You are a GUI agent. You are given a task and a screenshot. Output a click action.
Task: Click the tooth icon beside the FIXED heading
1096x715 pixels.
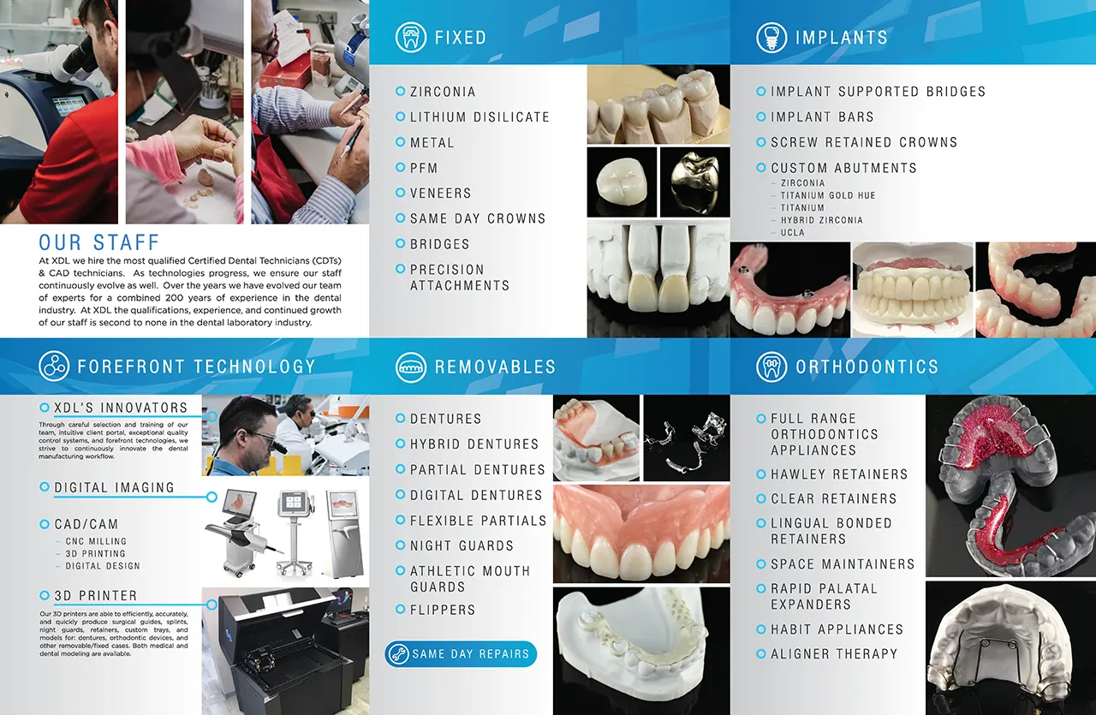[x=410, y=37]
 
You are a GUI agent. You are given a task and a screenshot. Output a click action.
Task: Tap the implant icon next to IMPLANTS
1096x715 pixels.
[x=771, y=37]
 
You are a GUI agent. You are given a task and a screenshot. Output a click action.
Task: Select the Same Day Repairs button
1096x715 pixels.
[x=461, y=654]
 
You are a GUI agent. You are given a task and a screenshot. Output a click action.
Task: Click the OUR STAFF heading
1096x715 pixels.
[x=98, y=242]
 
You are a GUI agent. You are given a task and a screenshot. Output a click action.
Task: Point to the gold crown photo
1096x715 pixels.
[x=694, y=182]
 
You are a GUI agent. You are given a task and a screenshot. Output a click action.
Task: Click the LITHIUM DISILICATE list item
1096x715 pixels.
[x=479, y=117]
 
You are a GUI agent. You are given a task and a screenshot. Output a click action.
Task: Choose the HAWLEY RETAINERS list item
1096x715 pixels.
[x=838, y=474]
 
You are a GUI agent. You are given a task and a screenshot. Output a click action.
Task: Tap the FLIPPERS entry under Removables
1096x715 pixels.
[x=443, y=610]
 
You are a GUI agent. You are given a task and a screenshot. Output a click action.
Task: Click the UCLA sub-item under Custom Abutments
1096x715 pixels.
[x=792, y=232]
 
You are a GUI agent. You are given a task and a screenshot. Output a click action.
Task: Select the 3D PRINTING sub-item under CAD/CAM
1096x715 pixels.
[x=95, y=553]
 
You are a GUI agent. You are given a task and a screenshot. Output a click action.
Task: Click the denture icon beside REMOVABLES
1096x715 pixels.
[x=410, y=367]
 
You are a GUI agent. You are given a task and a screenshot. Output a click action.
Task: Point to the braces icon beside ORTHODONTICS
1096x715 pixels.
[x=771, y=367]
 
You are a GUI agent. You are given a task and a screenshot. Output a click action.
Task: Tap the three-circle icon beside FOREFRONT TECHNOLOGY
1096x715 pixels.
[x=54, y=366]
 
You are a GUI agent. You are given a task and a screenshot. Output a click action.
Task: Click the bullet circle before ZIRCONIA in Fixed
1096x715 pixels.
[x=400, y=91]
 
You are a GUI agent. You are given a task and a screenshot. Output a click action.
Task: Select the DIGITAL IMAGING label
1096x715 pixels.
[x=114, y=487]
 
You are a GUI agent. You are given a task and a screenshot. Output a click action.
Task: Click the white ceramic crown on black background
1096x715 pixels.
[x=621, y=182]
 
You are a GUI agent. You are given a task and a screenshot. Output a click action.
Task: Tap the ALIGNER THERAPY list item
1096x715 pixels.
[x=834, y=654]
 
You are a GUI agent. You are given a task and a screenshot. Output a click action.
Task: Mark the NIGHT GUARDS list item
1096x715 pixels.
[x=462, y=545]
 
